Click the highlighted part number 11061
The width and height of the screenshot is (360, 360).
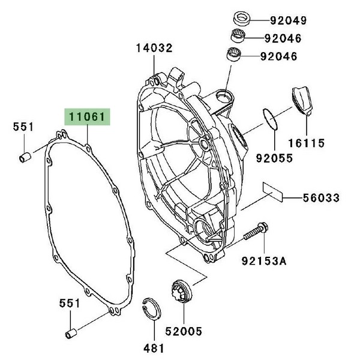pyautogui.click(x=85, y=116)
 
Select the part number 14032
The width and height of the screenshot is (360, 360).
pyautogui.click(x=154, y=48)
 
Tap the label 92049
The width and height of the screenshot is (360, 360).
pyautogui.click(x=287, y=20)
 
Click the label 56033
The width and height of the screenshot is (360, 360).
pyautogui.click(x=320, y=197)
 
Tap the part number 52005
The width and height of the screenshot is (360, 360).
pyautogui.click(x=184, y=331)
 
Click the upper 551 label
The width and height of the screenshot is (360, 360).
pyautogui.click(x=23, y=127)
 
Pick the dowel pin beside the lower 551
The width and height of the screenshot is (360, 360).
pyautogui.click(x=70, y=332)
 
